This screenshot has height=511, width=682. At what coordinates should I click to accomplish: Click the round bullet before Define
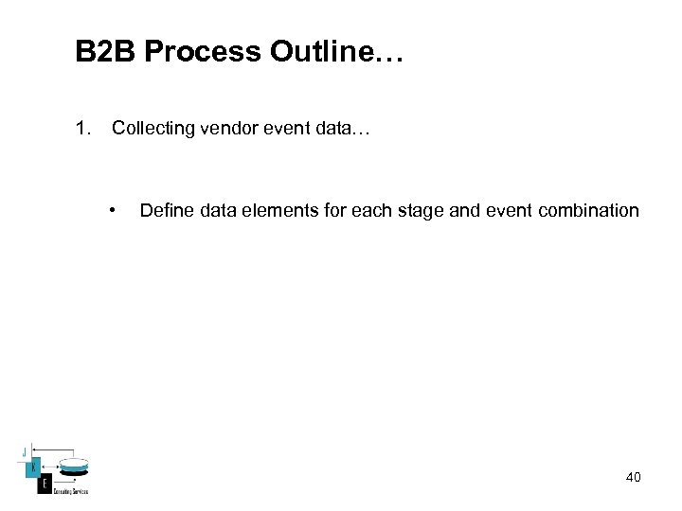[x=113, y=210]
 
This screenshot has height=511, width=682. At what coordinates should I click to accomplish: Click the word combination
[x=588, y=210]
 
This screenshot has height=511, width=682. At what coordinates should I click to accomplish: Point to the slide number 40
[x=633, y=478]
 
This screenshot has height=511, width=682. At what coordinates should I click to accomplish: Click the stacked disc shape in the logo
[x=73, y=467]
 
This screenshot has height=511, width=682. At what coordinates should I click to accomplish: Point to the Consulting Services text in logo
[x=71, y=491]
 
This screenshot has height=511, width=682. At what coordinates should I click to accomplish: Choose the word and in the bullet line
[x=464, y=210]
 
